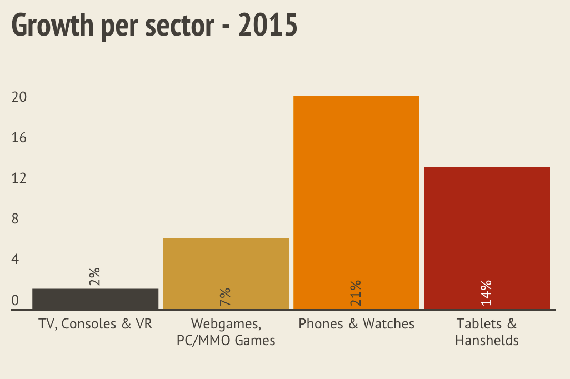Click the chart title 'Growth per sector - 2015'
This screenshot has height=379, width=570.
pos(154,26)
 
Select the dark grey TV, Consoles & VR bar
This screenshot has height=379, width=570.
pos(96,298)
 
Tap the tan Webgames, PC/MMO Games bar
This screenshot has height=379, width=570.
pos(226,267)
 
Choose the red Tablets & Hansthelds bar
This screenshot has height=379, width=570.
pos(487,233)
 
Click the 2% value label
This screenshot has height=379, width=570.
pos(94,276)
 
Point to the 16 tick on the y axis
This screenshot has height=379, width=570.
pos(19,138)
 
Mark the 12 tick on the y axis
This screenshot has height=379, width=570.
pos(19,178)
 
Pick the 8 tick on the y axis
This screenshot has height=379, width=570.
pos(16,219)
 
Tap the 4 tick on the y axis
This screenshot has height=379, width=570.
pos(16,260)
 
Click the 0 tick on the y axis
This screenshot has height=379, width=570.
pos(16,300)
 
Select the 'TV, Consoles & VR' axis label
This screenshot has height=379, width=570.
pos(96,323)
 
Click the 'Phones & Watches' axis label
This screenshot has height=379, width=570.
pos(356,323)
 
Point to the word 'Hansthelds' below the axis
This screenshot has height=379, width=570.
pos(487,340)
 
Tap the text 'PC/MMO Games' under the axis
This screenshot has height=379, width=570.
pos(226,340)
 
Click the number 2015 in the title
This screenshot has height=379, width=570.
pos(268,26)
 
